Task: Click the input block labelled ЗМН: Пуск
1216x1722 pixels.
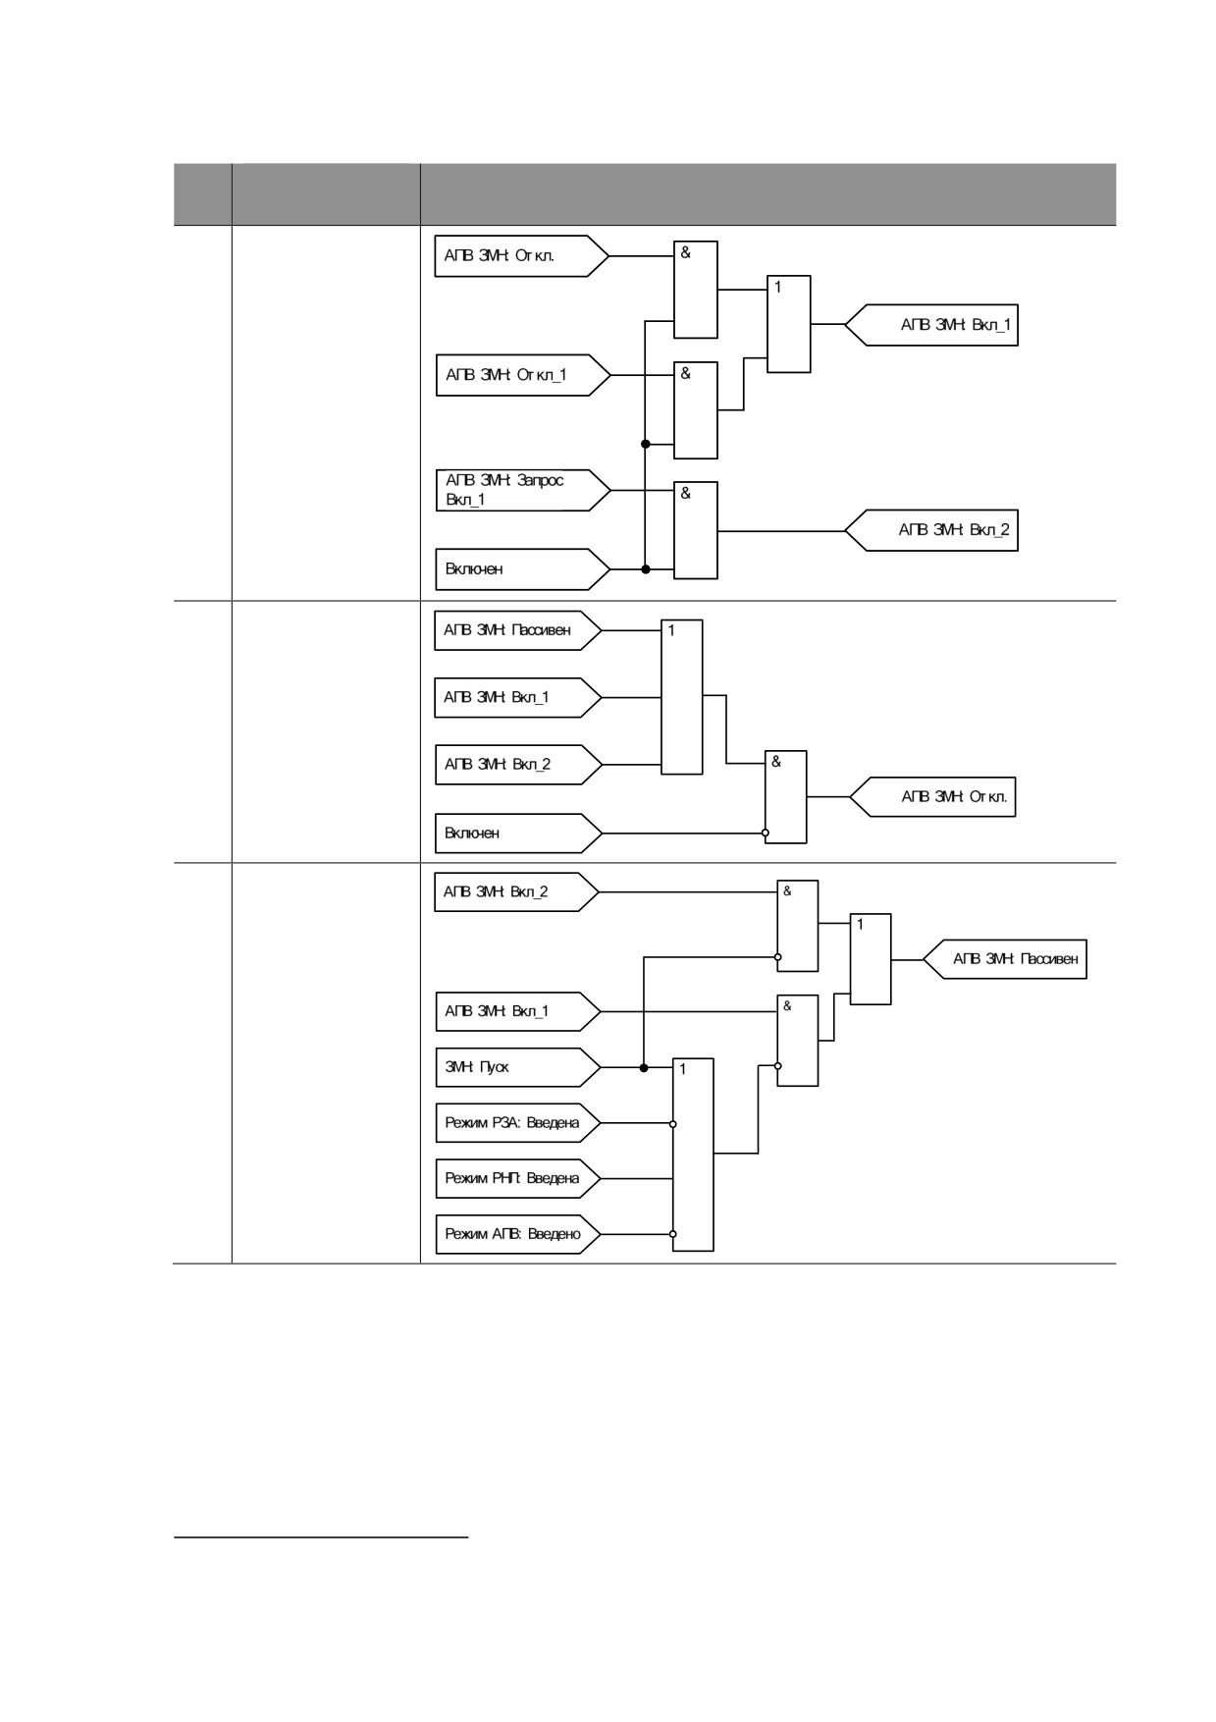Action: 517,1067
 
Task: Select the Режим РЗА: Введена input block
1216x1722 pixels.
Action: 517,1123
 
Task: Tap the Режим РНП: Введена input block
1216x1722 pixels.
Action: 517,1178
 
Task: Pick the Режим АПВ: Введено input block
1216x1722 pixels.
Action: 517,1234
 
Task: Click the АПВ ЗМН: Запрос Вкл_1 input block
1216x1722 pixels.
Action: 523,490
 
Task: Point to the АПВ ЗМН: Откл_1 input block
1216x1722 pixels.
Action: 523,375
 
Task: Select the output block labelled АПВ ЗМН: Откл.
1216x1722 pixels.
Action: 932,797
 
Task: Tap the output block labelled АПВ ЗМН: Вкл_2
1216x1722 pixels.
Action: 931,530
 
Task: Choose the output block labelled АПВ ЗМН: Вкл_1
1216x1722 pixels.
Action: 931,325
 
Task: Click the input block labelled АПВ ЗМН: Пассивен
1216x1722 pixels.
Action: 517,630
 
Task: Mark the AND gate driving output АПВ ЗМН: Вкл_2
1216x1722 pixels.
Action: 696,530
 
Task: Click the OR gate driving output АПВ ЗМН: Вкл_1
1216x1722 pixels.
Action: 789,324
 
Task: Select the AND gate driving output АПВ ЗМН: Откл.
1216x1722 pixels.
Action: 786,797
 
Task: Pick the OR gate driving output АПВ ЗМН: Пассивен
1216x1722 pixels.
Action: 871,959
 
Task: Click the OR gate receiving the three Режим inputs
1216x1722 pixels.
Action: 693,1155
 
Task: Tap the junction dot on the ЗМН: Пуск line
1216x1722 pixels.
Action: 644,1068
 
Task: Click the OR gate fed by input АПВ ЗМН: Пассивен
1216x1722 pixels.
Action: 682,697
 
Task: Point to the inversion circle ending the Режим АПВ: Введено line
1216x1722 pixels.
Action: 673,1234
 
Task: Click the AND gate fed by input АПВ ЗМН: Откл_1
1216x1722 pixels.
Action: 696,410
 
